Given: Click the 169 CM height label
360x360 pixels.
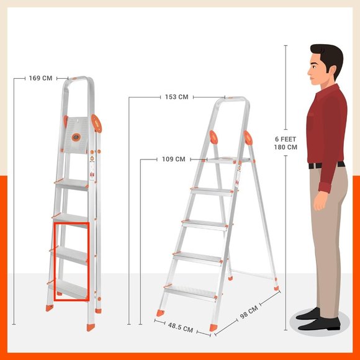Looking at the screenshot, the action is [x=40, y=78].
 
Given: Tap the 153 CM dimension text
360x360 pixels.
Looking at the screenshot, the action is [x=176, y=97].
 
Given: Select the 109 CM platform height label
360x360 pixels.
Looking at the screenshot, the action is [x=174, y=160].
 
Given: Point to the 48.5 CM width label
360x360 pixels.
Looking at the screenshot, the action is [x=181, y=327].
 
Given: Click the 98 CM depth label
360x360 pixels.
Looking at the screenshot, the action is [x=249, y=312].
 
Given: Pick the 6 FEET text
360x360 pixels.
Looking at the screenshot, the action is [x=286, y=139].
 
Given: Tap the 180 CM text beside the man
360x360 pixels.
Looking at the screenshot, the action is [x=286, y=147].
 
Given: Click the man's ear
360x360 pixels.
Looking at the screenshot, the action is [x=332, y=70].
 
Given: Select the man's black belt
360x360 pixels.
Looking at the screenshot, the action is [x=326, y=165].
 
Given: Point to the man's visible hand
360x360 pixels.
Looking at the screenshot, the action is [x=320, y=200].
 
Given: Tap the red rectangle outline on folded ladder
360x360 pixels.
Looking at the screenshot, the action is [x=55, y=261].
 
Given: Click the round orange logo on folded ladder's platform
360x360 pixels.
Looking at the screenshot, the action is [x=76, y=137].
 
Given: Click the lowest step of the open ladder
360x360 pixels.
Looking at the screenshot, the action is [x=191, y=294].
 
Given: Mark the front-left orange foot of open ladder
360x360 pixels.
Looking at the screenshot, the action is [x=161, y=313].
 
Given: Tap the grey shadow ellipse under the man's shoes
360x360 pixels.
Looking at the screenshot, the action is [x=319, y=323].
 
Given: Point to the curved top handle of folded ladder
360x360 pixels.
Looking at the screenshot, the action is [x=79, y=78].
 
